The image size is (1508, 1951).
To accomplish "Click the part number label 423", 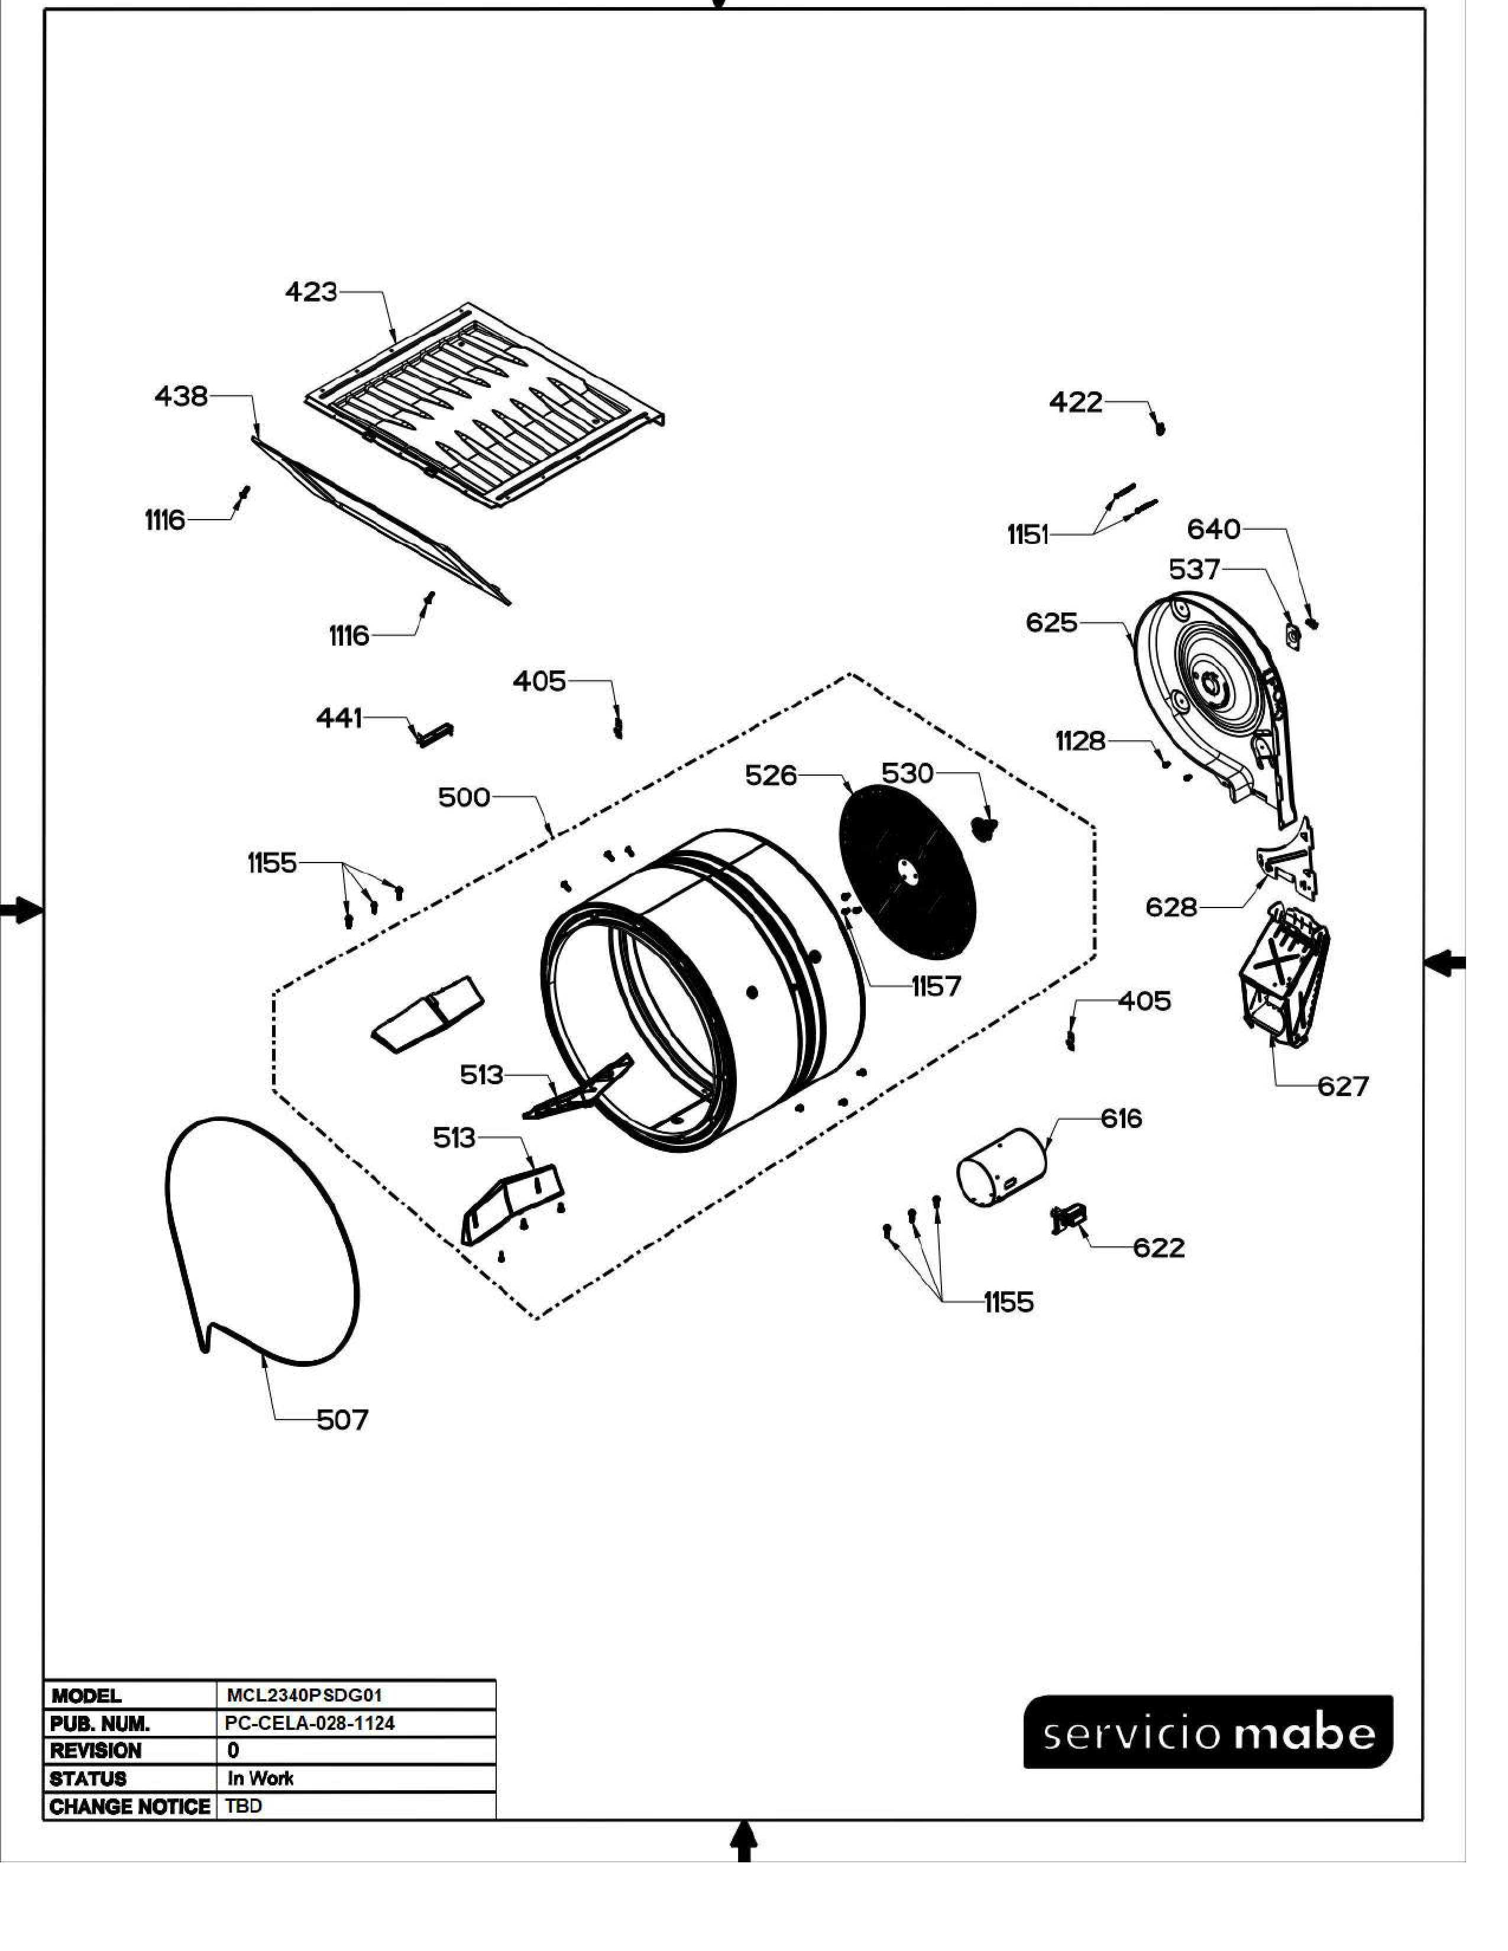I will [311, 292].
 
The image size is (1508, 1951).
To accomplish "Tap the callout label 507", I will [342, 1420].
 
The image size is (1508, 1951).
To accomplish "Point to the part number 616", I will [1121, 1119].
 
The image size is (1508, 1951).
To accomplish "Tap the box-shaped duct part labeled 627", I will [1283, 979].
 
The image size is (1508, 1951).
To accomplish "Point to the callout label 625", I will [1051, 623].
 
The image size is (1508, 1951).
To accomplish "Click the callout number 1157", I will [936, 986].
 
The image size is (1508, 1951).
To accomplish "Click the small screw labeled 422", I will [1160, 428].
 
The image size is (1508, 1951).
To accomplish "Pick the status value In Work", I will [260, 1778].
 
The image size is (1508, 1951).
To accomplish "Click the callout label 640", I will [1213, 530].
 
